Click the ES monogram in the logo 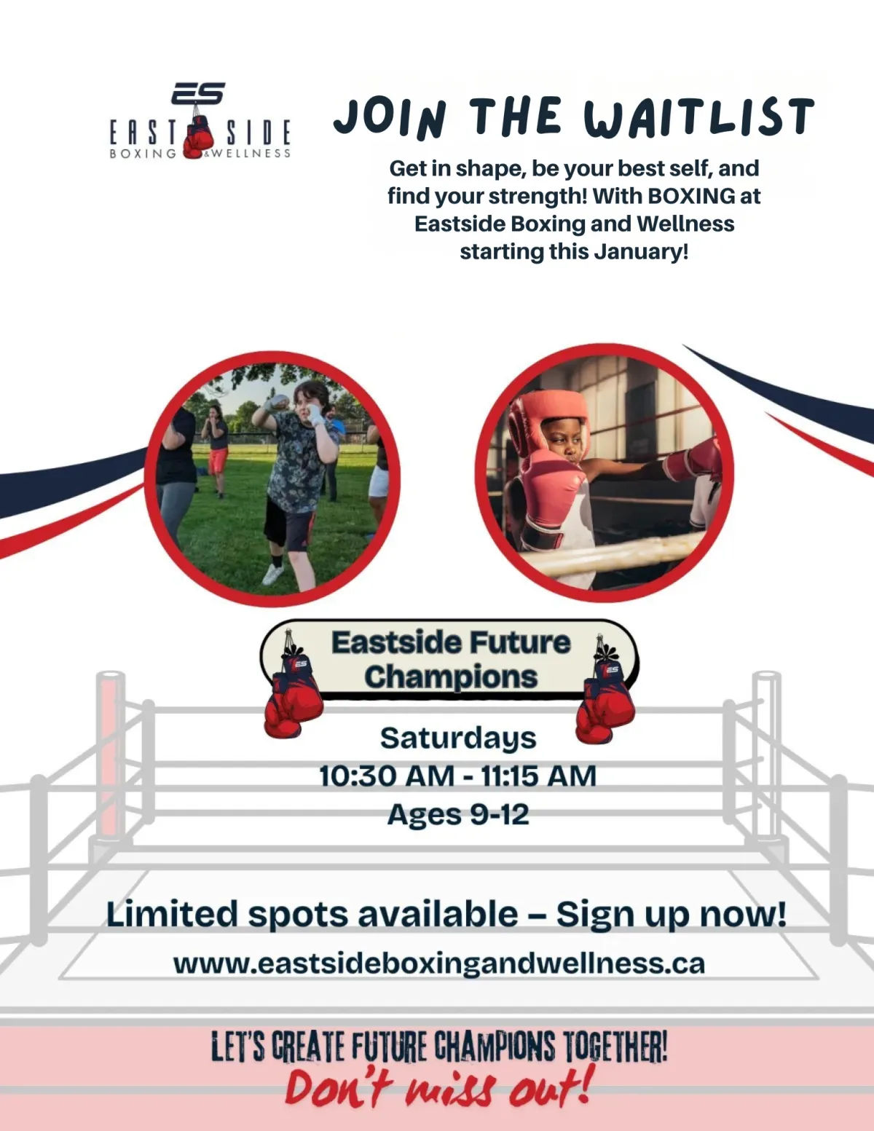pos(198,93)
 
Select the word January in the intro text pos(641,252)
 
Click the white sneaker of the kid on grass pos(273,574)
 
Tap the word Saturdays pos(458,738)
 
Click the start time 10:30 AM pos(387,776)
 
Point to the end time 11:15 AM pos(538,776)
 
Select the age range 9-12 pos(500,814)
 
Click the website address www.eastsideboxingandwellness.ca pos(439,963)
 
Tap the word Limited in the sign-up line pos(172,915)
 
